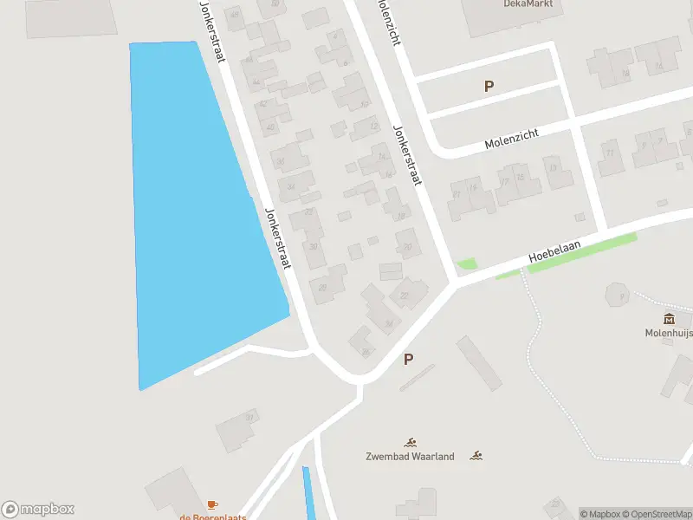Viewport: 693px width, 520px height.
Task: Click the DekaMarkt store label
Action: [528, 3]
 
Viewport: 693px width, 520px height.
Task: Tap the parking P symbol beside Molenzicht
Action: [489, 86]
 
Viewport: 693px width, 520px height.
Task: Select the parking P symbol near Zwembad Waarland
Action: [408, 359]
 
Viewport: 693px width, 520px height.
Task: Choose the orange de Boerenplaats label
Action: [213, 517]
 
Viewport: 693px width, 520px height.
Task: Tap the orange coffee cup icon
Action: [213, 504]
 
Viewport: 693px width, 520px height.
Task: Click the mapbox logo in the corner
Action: [38, 510]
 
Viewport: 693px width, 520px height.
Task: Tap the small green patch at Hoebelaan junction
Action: [467, 263]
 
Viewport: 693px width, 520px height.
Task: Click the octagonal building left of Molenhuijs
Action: [619, 296]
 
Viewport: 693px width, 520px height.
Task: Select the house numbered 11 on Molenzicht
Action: [611, 156]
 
